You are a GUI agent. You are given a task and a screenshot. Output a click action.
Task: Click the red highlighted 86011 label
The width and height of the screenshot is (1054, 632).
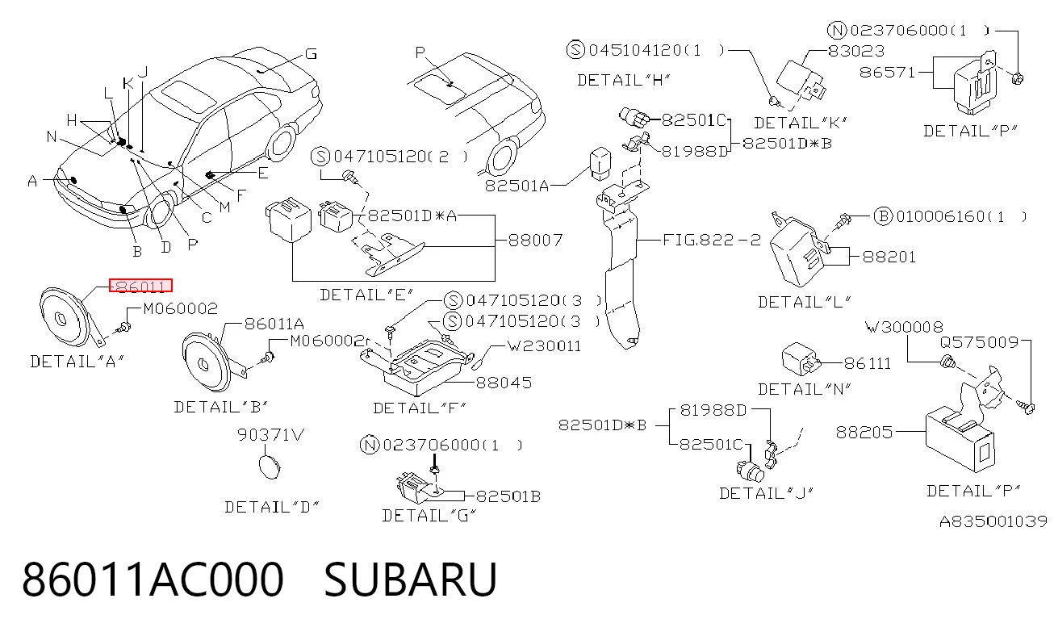coord(140,285)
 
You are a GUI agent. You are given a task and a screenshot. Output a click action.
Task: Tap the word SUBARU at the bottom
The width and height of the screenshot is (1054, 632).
coord(410,580)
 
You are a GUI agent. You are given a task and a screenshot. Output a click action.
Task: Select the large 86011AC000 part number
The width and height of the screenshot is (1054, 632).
coord(153,580)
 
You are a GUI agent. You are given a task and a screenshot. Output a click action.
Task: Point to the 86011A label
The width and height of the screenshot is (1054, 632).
coord(274,324)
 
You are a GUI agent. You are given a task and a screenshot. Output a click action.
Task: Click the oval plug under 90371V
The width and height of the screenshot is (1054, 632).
coord(270,467)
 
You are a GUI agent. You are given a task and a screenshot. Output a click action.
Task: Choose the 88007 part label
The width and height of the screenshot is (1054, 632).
coord(535,241)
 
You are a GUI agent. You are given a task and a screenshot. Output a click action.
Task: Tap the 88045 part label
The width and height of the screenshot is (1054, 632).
coord(504,383)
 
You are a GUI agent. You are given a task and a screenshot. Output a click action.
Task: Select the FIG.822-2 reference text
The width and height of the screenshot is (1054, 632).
coord(712,241)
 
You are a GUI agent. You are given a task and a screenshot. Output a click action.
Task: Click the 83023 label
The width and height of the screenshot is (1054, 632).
coord(856,51)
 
